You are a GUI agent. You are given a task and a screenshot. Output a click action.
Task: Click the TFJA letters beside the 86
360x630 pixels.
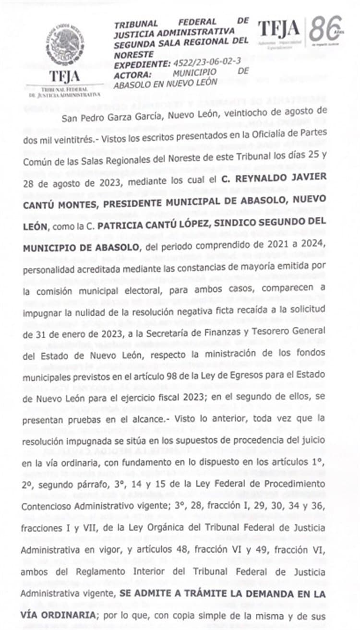click(279, 30)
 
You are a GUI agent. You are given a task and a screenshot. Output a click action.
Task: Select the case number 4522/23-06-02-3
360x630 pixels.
click(201, 63)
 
